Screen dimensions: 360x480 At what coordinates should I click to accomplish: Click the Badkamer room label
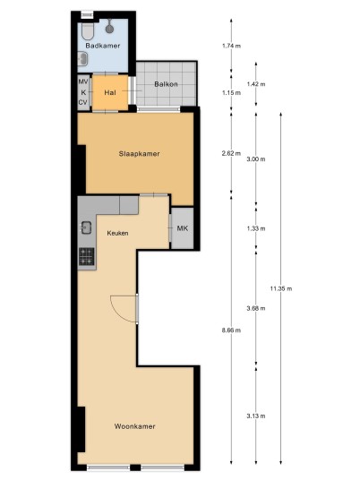103,46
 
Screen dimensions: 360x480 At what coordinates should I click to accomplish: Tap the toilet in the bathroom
88,31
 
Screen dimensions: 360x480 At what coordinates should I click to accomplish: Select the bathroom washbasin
82,58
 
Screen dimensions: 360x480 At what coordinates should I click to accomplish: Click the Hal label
110,92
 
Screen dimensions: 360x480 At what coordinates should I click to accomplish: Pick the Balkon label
166,84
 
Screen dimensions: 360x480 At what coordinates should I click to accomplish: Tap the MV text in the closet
83,81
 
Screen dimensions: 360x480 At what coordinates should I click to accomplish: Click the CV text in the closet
83,103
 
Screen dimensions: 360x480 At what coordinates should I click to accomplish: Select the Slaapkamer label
140,154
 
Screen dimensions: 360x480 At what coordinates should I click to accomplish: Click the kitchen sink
86,227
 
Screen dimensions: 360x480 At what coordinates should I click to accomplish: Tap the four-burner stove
87,256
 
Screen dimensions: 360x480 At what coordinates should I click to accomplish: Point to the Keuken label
117,233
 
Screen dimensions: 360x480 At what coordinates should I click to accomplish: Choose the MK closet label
183,228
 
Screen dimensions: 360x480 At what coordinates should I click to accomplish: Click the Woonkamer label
134,426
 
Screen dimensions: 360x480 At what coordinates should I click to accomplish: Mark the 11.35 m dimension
281,288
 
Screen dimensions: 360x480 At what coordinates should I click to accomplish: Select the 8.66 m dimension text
231,330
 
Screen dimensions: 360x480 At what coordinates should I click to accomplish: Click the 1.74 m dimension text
231,46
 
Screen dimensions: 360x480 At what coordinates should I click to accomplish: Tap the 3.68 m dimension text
256,308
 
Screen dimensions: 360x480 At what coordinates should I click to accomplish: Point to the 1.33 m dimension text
256,228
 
